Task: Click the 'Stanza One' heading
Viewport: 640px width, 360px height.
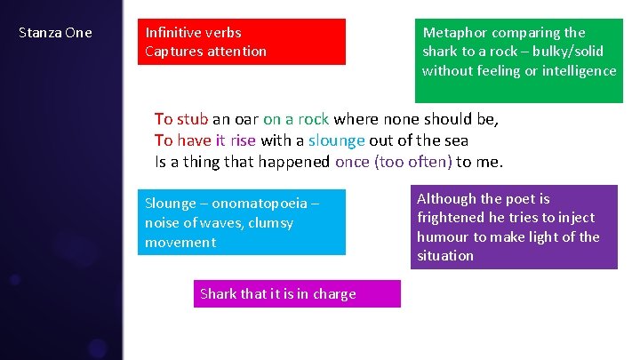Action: click(x=55, y=33)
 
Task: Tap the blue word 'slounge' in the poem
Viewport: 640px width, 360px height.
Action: click(x=337, y=140)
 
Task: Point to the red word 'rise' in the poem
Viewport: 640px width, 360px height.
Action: click(x=243, y=140)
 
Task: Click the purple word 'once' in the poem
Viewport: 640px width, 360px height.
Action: click(x=353, y=162)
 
